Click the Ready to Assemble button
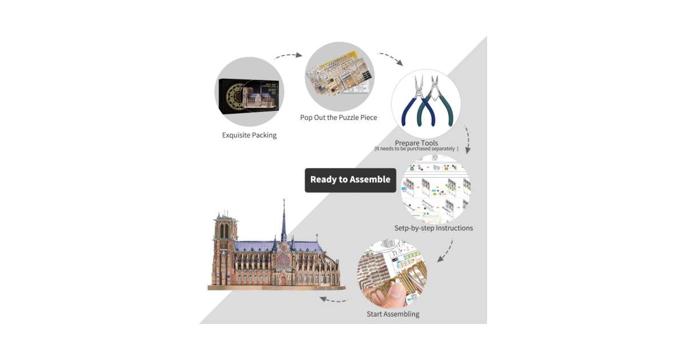[x=350, y=179]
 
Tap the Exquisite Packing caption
[x=249, y=135]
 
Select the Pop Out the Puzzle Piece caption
[x=338, y=118]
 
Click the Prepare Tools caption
[x=416, y=142]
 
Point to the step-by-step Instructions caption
[x=433, y=228]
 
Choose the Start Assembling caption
[x=393, y=314]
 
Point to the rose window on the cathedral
[x=283, y=260]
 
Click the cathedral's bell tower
[x=225, y=246]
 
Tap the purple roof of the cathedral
[x=303, y=246]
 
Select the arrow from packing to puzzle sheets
[x=289, y=56]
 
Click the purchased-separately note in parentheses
[x=416, y=149]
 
